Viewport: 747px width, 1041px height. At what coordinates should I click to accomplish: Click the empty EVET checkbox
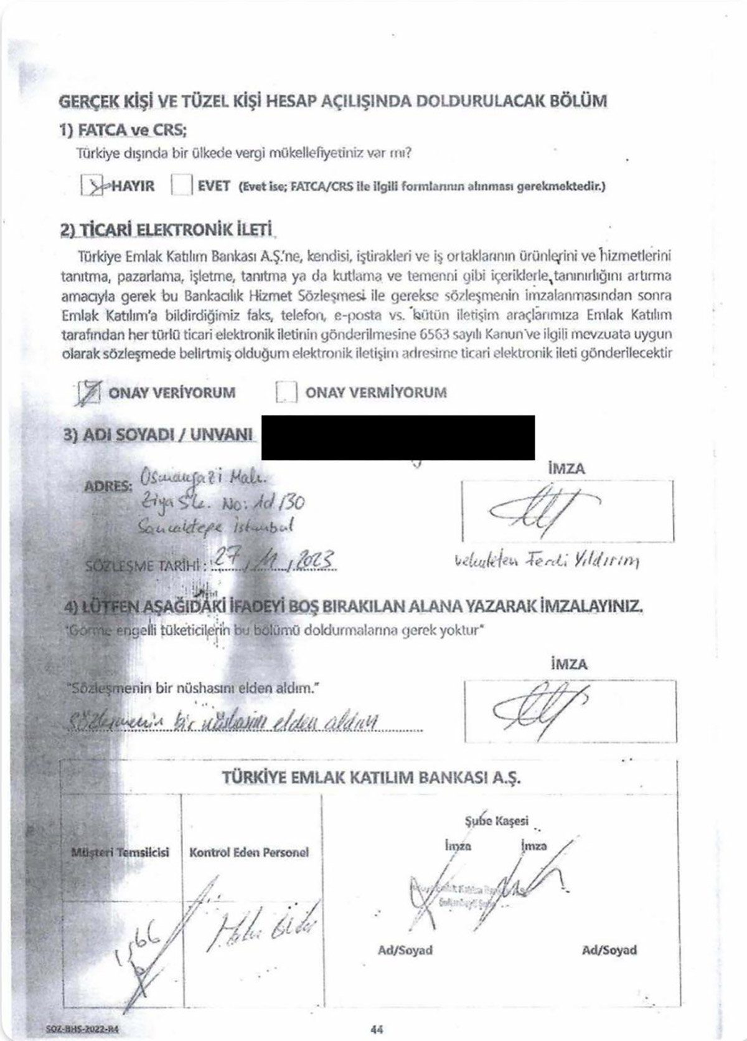(181, 185)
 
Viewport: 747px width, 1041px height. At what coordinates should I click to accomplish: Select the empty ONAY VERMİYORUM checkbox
(286, 392)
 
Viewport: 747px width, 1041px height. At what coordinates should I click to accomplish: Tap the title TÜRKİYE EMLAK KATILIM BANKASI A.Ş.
(372, 777)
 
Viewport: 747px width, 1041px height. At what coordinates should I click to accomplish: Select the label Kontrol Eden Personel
(249, 852)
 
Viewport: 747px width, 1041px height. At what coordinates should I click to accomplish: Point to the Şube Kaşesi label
(496, 821)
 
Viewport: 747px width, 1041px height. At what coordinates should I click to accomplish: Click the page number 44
(376, 1029)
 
